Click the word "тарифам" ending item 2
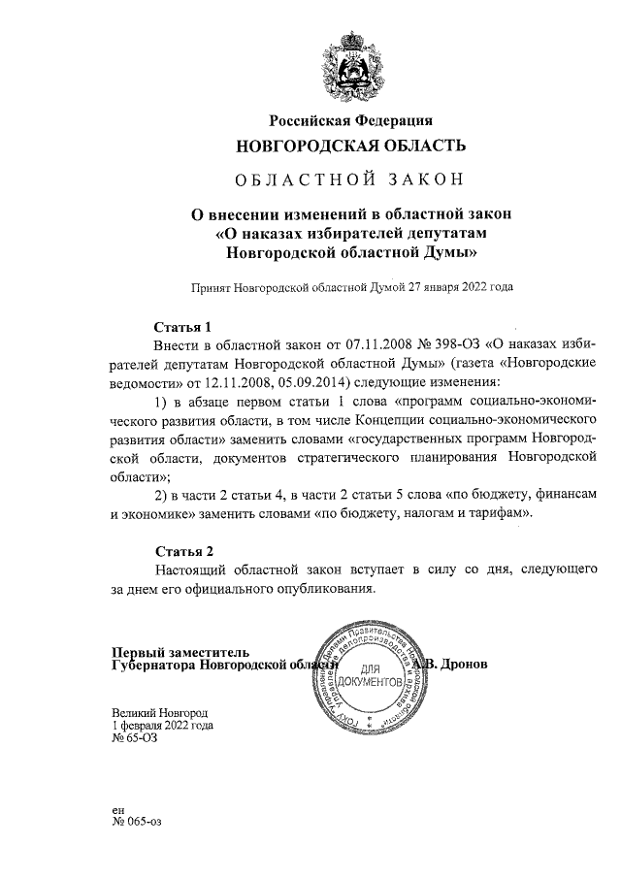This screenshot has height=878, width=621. pyautogui.click(x=502, y=512)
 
